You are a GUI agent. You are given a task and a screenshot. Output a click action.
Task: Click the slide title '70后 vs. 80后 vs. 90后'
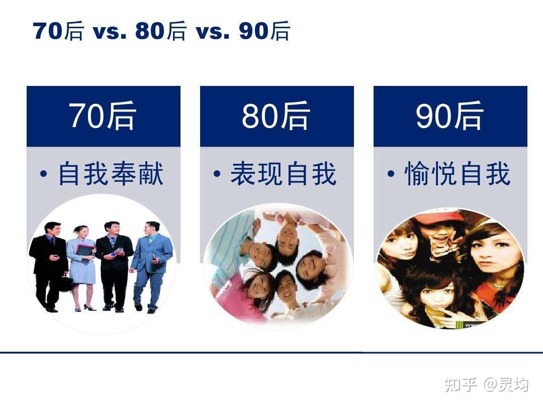tap(161, 31)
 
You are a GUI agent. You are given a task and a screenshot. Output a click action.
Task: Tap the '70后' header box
tap(103, 116)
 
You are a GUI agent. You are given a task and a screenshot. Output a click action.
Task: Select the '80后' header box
tap(277, 116)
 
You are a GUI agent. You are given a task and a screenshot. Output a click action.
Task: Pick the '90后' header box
tap(450, 116)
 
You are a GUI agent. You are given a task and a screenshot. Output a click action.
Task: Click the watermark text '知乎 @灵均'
tap(487, 385)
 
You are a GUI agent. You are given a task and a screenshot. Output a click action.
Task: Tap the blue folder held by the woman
tap(84, 251)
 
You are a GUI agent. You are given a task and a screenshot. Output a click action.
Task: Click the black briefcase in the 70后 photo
tap(65, 283)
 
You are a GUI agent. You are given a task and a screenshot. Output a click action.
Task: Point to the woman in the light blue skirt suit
tap(81, 266)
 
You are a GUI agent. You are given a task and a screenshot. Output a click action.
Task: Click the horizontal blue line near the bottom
tap(271, 352)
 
